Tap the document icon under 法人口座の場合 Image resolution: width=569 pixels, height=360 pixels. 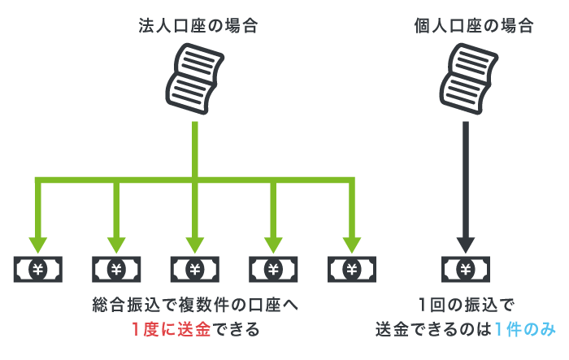195,78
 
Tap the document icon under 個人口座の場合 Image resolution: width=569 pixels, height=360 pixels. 466,78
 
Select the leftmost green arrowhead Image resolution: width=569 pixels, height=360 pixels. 37,243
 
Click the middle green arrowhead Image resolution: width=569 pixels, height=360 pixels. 194,243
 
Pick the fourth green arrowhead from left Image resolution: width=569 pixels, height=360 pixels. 273,243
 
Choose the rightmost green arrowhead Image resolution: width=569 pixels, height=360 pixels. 351,243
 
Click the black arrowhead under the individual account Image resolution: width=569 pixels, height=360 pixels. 466,243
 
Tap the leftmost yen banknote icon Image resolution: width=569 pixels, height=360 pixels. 37,269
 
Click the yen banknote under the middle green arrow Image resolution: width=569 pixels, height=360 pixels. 194,269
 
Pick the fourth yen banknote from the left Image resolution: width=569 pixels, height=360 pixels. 273,269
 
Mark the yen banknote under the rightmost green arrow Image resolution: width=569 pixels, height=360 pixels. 351,269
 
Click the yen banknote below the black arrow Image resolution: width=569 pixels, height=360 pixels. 466,269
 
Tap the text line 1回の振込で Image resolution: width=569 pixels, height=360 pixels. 467,306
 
